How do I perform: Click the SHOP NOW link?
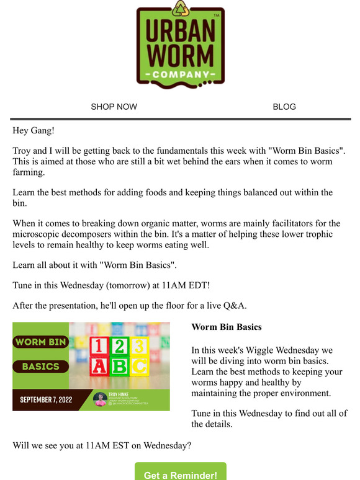(x=114, y=107)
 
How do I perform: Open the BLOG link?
(x=284, y=107)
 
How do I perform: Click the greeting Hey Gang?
(x=35, y=131)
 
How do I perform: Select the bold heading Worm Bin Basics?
(x=227, y=327)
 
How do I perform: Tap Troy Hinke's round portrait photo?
(x=99, y=399)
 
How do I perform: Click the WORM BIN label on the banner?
(x=41, y=342)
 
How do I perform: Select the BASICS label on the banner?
(x=41, y=366)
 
